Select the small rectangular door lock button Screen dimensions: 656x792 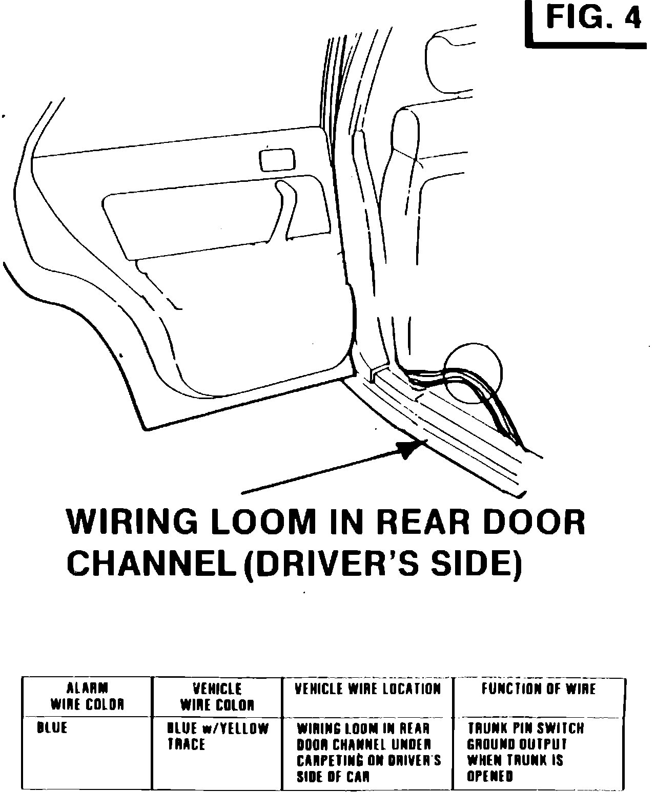[277, 160]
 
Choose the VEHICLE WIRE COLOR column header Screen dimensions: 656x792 [217, 697]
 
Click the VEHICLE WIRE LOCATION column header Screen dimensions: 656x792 [367, 689]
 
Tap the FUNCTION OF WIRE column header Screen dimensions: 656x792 [538, 689]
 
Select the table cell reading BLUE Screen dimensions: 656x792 [52, 727]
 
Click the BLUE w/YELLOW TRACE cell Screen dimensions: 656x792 [217, 736]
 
